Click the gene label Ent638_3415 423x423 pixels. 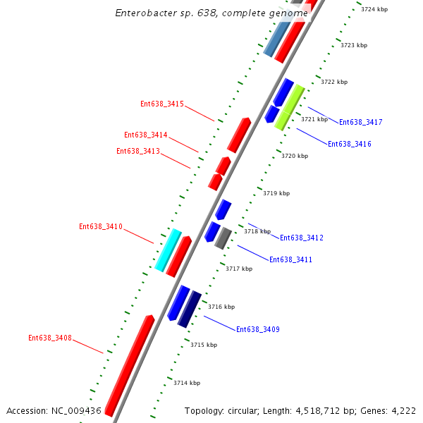point(162,104)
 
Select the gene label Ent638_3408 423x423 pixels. point(50,338)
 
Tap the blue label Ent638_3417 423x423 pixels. point(360,123)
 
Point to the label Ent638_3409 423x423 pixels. point(257,330)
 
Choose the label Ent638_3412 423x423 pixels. point(301,238)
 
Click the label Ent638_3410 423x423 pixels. point(101,227)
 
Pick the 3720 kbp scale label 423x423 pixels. point(295,156)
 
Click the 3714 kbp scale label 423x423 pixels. point(187,383)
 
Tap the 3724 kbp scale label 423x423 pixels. point(374,9)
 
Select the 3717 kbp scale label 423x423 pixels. point(239,269)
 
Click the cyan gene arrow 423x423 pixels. point(168,250)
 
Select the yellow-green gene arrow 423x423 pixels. point(289,107)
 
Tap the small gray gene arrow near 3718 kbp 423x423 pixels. point(223,238)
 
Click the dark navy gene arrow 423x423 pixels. point(189,309)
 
